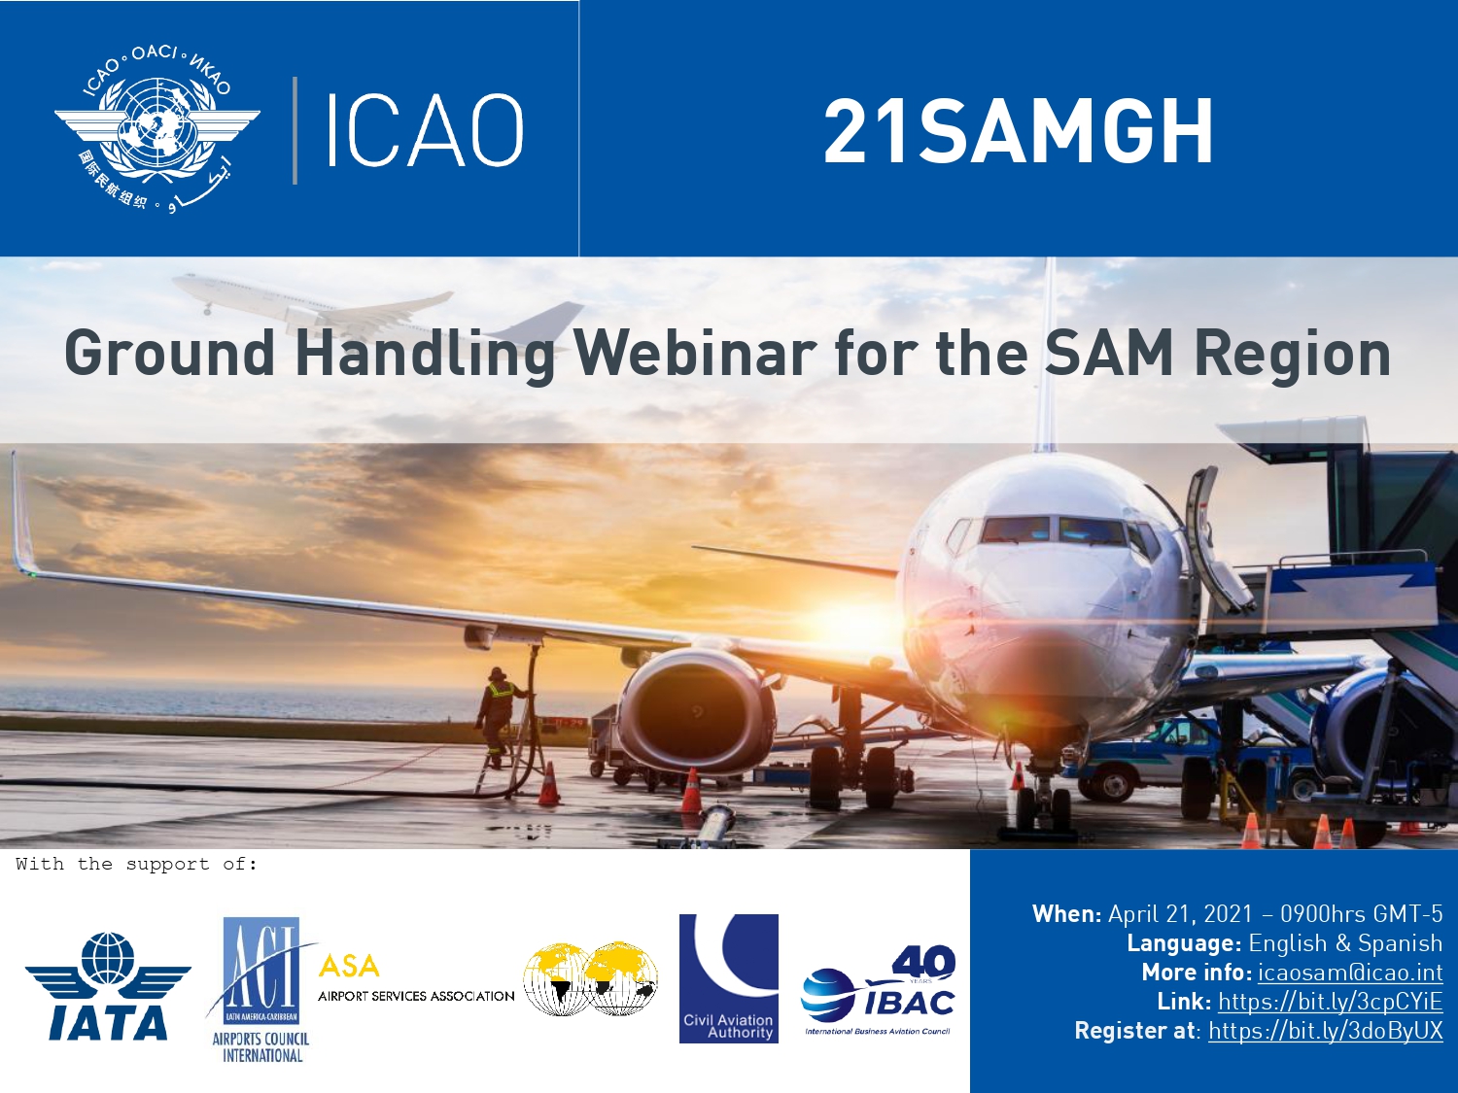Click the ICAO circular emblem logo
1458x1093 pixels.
(x=156, y=129)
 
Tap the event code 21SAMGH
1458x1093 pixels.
(x=1019, y=132)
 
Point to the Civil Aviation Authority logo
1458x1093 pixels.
(x=729, y=978)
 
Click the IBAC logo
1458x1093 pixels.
(x=878, y=991)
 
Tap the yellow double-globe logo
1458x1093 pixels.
(x=590, y=978)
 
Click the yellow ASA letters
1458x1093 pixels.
(x=349, y=967)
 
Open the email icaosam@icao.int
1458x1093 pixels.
(x=1350, y=973)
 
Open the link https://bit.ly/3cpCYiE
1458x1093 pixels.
(x=1330, y=1002)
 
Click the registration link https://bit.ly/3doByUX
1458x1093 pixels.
(x=1325, y=1031)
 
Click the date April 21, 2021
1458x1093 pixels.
(x=1181, y=914)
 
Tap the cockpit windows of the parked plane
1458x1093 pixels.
(x=1057, y=530)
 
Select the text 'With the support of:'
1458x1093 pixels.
(x=136, y=864)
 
